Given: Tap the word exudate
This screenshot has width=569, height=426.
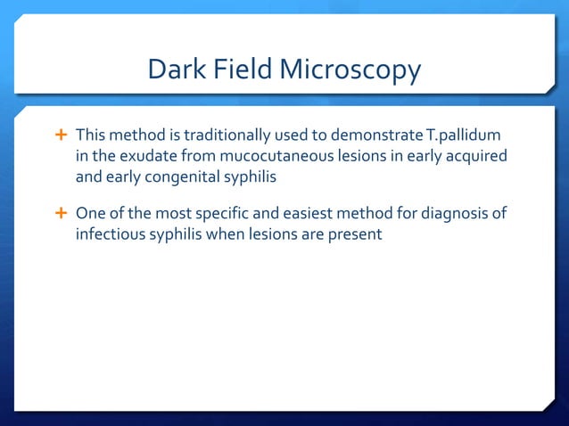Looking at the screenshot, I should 136,156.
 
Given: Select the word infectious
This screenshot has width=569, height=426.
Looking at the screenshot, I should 108,234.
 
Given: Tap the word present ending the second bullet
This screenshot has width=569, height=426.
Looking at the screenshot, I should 355,234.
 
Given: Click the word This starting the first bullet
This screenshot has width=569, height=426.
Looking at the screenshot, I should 90,135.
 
